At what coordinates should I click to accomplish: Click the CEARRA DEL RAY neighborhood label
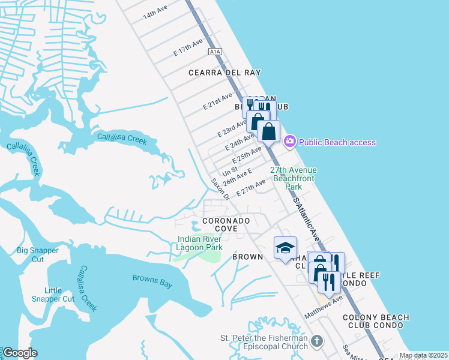(x=224, y=73)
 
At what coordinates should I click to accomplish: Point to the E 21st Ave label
(x=217, y=101)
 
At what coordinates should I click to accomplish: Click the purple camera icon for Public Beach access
(x=290, y=142)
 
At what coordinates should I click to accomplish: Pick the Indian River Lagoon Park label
(x=200, y=243)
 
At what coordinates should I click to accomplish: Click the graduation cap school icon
(x=285, y=247)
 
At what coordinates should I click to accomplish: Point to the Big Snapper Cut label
(x=38, y=254)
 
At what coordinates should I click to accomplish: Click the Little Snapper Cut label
(x=53, y=295)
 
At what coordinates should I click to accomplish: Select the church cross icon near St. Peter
(x=316, y=341)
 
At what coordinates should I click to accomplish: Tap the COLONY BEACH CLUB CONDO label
(x=376, y=322)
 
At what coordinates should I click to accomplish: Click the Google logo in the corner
(x=19, y=353)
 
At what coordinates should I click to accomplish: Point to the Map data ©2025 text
(x=423, y=355)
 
